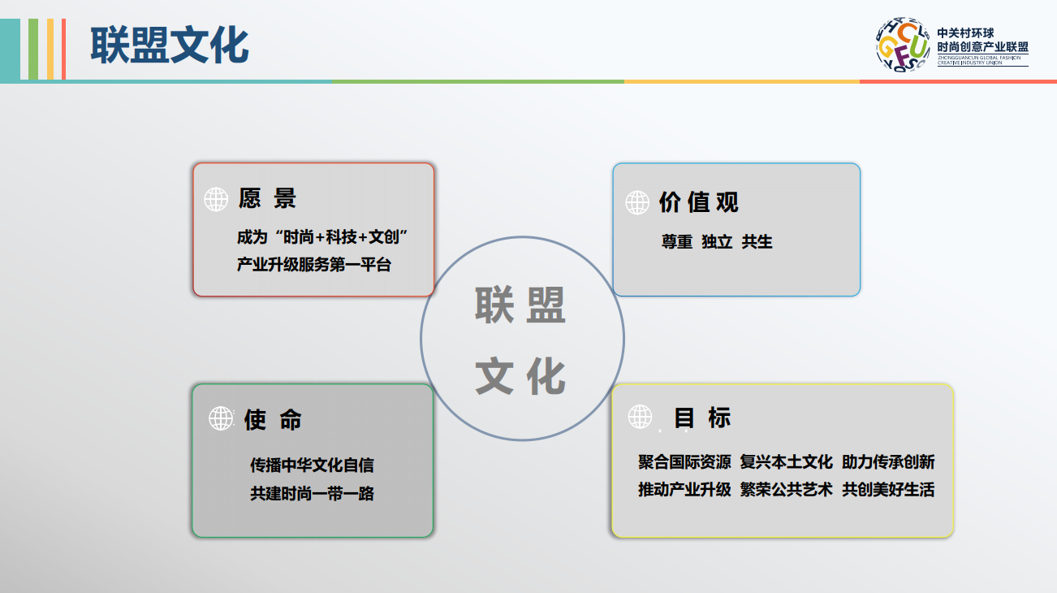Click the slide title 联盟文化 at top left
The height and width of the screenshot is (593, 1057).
coord(170,45)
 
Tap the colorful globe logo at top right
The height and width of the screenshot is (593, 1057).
coord(903,45)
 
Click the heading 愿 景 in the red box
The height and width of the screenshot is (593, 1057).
coord(267,198)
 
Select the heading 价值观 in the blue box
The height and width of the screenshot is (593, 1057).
coord(698,202)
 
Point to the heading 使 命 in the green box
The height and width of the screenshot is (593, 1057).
coord(273,420)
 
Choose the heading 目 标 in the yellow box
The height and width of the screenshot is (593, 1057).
coord(702,418)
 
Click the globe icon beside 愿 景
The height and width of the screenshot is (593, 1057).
coord(216,199)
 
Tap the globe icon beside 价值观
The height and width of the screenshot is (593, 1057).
coord(637,202)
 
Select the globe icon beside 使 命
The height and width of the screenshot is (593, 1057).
coord(221,418)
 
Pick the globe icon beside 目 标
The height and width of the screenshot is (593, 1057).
coord(640,417)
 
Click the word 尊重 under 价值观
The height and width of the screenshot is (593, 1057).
coord(677,242)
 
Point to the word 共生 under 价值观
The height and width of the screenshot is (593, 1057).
coord(757,242)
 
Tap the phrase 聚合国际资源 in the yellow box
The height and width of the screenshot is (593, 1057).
coord(684,461)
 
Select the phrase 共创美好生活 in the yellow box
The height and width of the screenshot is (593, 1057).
coord(888,490)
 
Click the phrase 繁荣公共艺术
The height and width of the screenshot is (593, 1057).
coord(786,490)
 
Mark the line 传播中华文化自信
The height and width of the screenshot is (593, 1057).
coord(312,465)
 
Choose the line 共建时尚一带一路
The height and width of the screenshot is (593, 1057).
coord(312,494)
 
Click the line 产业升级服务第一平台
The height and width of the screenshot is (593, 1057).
coord(314,264)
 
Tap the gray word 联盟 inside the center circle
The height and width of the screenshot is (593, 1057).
coord(520,305)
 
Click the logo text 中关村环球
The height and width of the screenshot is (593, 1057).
coord(965,33)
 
